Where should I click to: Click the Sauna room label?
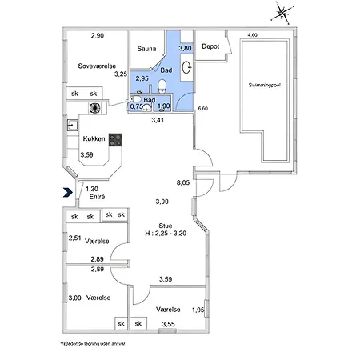point(146,49)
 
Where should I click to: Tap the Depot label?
point(210,46)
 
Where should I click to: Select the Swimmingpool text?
point(265,85)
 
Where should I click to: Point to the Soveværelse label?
point(97,66)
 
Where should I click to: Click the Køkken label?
point(94,138)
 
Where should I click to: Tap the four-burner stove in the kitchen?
point(115,140)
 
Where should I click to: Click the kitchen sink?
point(72,125)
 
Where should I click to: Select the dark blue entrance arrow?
point(68,192)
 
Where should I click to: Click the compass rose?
point(282,13)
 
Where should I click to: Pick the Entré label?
point(97,197)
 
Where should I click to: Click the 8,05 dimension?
point(183,182)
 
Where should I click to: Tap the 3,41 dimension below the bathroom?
point(158,120)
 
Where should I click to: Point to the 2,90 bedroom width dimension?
point(98,35)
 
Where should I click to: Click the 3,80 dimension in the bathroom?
point(185,48)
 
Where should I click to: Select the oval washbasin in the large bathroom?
point(186,67)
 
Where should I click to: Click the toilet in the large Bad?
point(162,86)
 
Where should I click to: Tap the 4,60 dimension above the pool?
point(253,35)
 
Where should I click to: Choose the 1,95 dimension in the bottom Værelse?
point(198,310)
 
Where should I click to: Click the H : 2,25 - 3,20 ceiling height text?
point(166,234)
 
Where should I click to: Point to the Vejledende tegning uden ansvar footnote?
point(94,344)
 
